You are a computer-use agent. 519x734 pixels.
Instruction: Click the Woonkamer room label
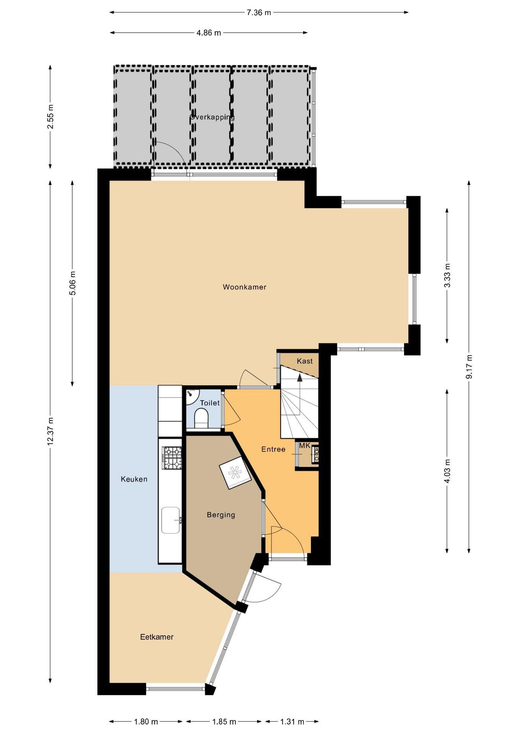pos(244,287)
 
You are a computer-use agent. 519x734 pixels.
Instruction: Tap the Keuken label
pos(134,479)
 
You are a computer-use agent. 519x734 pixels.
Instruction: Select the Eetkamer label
pos(157,637)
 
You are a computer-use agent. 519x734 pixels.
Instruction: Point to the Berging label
pos(221,515)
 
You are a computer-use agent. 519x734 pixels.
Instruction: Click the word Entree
pos(273,449)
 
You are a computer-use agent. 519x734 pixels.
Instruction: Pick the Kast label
pos(305,361)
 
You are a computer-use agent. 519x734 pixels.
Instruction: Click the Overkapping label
pos(212,117)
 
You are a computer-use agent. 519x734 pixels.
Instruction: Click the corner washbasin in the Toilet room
pos(192,397)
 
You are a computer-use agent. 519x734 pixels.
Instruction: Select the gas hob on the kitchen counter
pos(172,458)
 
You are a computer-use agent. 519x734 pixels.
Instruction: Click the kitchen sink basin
pos(171,520)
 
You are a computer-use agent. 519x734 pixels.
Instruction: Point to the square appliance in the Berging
pos(235,473)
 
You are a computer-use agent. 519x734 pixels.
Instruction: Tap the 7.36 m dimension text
pos(259,12)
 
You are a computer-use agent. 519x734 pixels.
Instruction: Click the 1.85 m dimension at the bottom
pos(224,722)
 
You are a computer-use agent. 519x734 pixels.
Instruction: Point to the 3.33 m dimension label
pos(447,275)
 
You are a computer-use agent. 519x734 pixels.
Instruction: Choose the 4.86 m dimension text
pos(209,33)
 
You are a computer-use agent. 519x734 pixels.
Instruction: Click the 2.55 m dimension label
pos(50,117)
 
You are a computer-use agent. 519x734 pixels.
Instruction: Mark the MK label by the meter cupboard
pos(305,446)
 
